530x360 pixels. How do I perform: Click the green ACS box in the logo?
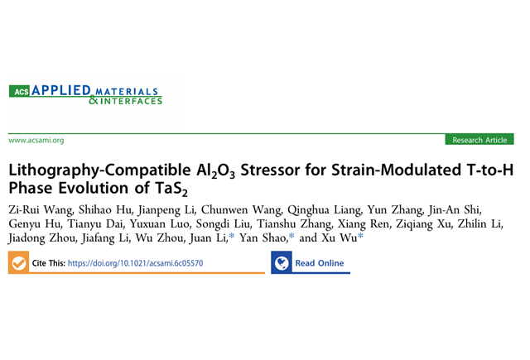click(x=20, y=91)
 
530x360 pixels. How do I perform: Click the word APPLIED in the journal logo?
click(x=61, y=90)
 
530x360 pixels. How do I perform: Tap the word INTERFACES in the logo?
click(x=131, y=101)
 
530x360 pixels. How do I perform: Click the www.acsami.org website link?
click(x=36, y=140)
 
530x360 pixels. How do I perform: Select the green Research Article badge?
click(x=479, y=140)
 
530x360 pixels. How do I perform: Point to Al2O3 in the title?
click(x=215, y=170)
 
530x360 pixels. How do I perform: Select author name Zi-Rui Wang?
click(x=41, y=210)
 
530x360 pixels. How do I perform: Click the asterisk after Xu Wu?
click(x=361, y=236)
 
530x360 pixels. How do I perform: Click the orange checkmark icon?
click(x=18, y=262)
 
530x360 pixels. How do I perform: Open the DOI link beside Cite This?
click(x=136, y=263)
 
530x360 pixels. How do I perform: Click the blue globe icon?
click(x=282, y=262)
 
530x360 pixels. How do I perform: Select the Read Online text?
click(x=320, y=262)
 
